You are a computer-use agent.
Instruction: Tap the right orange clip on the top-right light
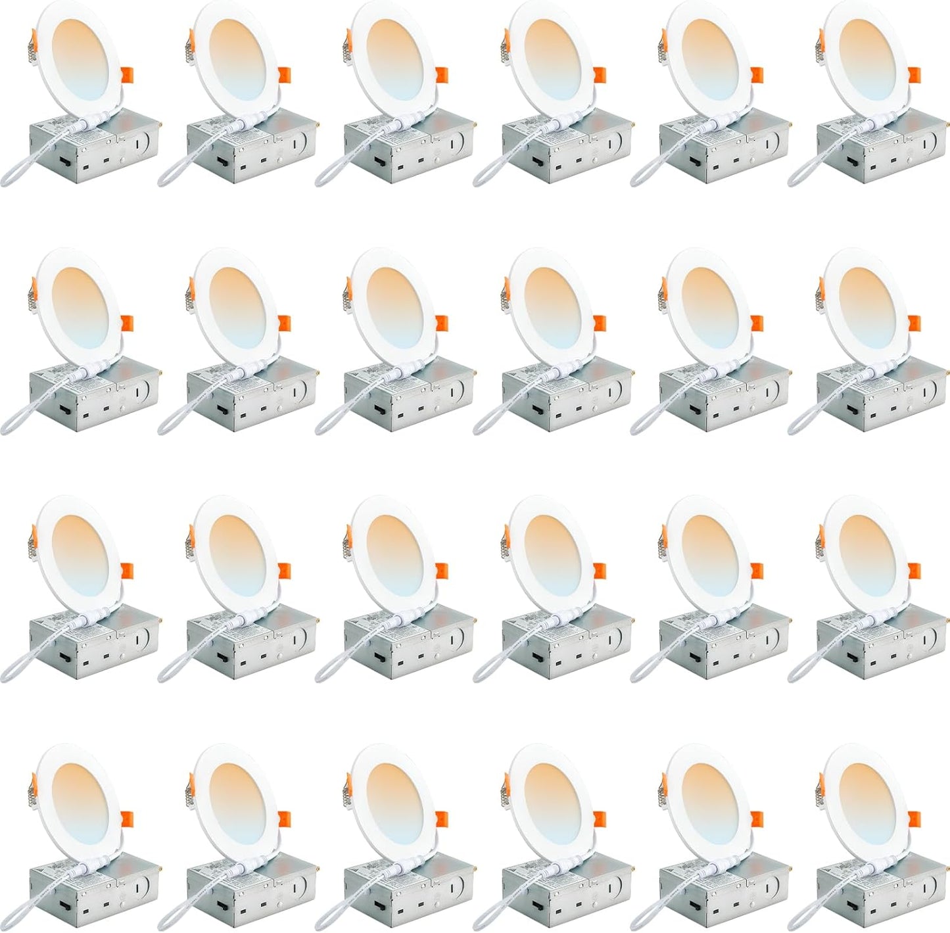[914, 75]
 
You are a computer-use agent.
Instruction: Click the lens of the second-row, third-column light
[394, 308]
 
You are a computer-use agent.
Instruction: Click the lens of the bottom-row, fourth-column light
[553, 803]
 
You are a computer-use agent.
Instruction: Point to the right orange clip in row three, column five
[757, 571]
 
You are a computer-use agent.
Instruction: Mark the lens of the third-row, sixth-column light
[868, 555]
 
